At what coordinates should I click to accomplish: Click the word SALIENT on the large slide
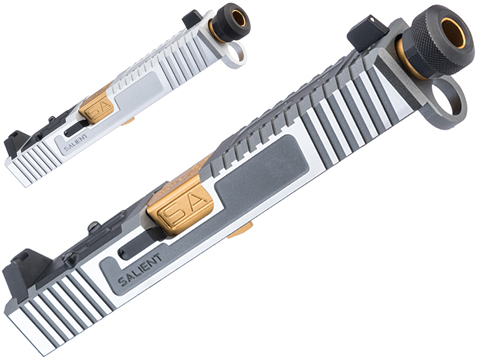click(140, 270)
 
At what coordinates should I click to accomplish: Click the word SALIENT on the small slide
click(75, 142)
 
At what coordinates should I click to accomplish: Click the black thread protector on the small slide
click(230, 19)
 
